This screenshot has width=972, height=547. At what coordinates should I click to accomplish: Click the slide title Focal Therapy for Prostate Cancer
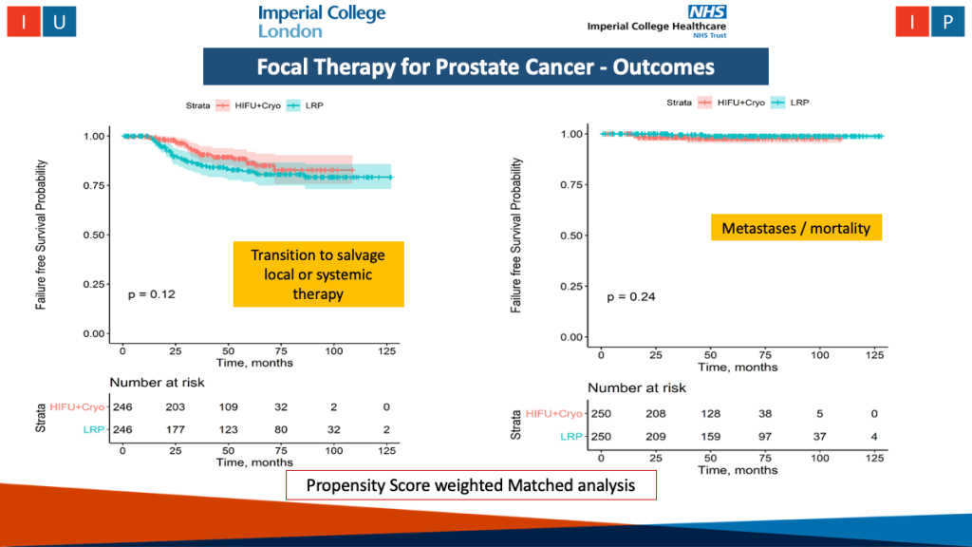(x=485, y=67)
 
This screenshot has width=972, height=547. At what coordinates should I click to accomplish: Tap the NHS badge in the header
(x=706, y=10)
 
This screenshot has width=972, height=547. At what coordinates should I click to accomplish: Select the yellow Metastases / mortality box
(x=795, y=228)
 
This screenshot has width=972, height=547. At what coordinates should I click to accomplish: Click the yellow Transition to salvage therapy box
(x=319, y=274)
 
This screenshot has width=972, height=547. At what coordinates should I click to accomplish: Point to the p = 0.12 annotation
(x=152, y=294)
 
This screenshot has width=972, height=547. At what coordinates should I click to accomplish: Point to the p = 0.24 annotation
(x=630, y=297)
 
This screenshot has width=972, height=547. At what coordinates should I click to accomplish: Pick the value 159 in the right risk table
(x=709, y=436)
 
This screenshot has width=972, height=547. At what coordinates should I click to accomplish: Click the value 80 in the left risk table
(x=282, y=428)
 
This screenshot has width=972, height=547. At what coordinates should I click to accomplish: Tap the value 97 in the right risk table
(x=764, y=436)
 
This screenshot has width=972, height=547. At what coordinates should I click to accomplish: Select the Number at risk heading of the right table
(x=636, y=387)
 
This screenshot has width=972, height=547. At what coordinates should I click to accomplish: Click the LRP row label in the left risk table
(x=92, y=428)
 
